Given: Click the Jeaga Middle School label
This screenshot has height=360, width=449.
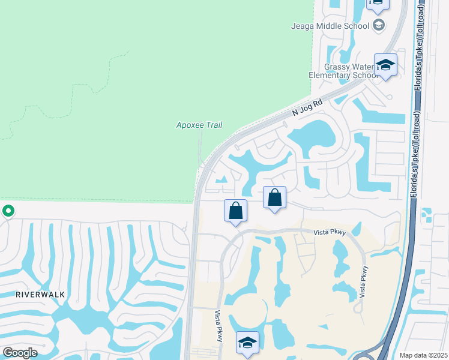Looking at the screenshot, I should point(331,26).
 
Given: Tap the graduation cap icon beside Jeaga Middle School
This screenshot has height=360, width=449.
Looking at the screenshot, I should point(379,25).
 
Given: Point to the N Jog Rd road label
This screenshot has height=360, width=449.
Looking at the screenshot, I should point(308,107).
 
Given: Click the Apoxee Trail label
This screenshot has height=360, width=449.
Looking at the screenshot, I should point(199,125).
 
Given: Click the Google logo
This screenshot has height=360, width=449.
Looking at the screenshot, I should point(20,353).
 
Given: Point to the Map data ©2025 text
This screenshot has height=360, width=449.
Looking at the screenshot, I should point(423,355).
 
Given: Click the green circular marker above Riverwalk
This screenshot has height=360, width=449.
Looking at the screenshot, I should point(8,211).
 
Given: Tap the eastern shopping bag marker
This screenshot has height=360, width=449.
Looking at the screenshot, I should point(274,197).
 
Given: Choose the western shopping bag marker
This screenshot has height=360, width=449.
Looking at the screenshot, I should point(236,211).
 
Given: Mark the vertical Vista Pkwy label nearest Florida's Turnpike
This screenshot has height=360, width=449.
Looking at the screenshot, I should point(363,283).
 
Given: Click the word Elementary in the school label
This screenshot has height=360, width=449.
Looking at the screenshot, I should point(330,76).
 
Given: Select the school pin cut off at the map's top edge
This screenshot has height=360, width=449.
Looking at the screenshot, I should point(376,4).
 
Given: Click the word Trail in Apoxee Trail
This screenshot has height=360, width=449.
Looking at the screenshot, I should point(212,125).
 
